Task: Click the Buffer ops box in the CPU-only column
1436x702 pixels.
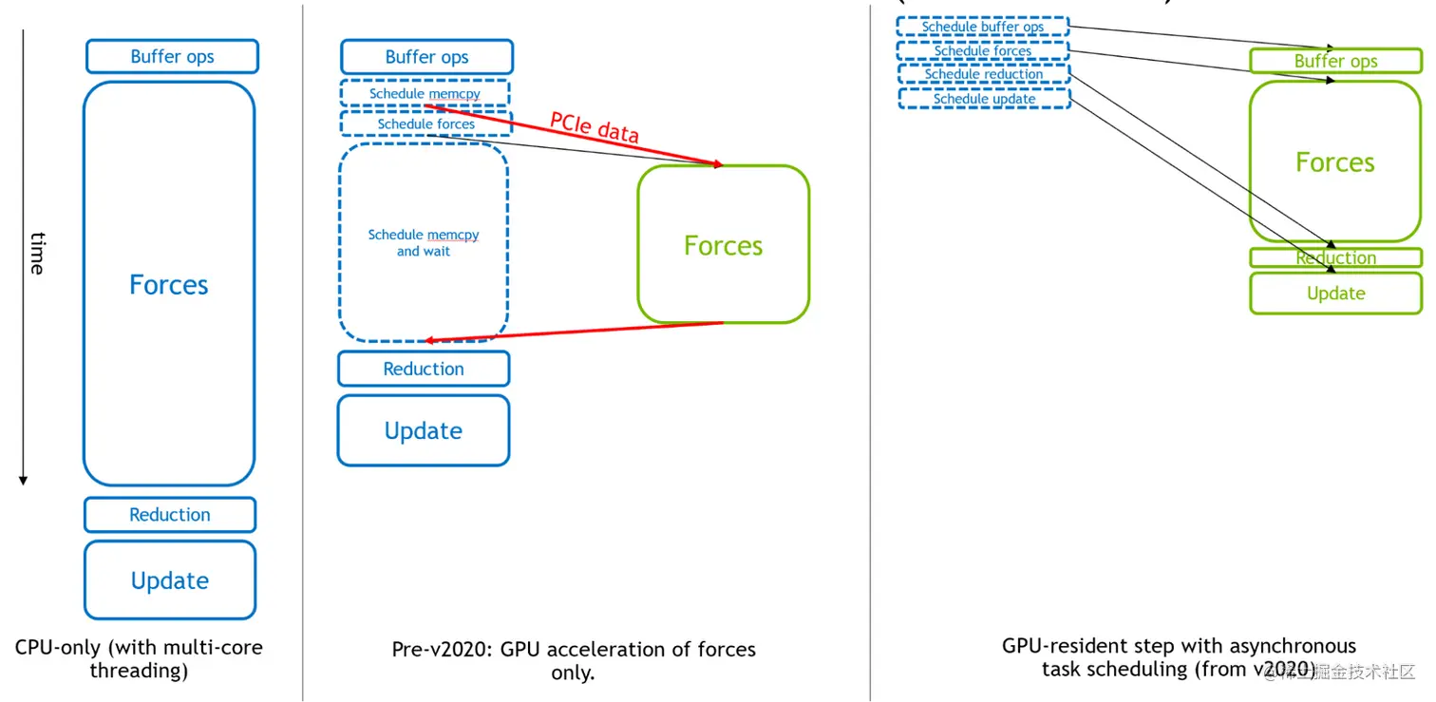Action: [x=172, y=57]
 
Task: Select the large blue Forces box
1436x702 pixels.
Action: [x=169, y=284]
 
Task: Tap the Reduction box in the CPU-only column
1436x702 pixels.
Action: [x=170, y=515]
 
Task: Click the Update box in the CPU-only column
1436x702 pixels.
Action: [x=170, y=580]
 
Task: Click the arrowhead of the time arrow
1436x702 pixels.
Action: [x=23, y=480]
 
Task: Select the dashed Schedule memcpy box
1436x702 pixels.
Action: [x=425, y=94]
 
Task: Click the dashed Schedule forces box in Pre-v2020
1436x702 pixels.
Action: [x=425, y=123]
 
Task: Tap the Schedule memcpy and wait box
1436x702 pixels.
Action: [x=424, y=242]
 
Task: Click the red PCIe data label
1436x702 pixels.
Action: [x=595, y=127]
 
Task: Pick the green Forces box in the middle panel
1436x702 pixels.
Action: [x=723, y=245]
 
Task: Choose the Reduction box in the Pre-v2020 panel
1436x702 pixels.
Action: [x=424, y=369]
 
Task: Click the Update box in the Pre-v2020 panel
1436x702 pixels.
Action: [x=424, y=430]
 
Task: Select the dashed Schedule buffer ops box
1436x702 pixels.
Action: [x=983, y=27]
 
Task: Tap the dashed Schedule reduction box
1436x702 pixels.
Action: [x=984, y=74]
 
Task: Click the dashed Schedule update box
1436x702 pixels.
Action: [x=984, y=99]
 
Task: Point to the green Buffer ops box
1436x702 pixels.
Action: [x=1335, y=62]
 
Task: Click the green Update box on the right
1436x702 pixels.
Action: [x=1335, y=294]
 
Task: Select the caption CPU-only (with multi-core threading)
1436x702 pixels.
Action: [x=139, y=658]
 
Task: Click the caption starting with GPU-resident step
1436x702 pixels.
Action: [x=1179, y=657]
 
